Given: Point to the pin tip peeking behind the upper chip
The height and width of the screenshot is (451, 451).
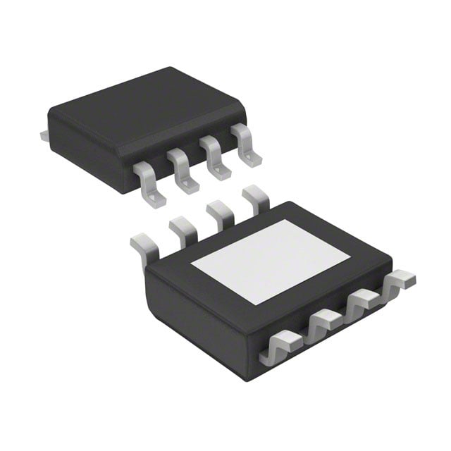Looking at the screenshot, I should point(44,133).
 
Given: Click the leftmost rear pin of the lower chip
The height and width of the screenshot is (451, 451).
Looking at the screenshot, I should point(142,248).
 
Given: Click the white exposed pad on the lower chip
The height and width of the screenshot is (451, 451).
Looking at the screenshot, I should point(271,261).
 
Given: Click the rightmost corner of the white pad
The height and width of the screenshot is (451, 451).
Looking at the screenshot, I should point(351,257).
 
